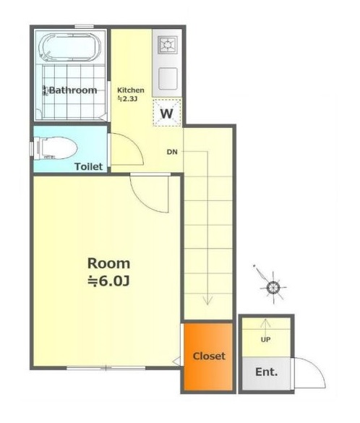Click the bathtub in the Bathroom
pos(70,47)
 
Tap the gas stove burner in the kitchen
pos(168,45)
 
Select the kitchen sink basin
pos(168,79)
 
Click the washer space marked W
pos(167,113)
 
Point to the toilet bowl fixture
pos(55,148)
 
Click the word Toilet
pos(89,166)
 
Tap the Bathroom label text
pos(73,90)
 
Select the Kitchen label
pos(131,90)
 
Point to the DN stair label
pos(172,152)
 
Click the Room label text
pos(108,263)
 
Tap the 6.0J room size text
pos(109,281)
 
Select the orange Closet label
pos(209,356)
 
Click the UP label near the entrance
pos(265,340)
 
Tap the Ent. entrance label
pos(267,372)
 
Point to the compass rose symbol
pos(273,288)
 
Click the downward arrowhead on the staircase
pos(207,301)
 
